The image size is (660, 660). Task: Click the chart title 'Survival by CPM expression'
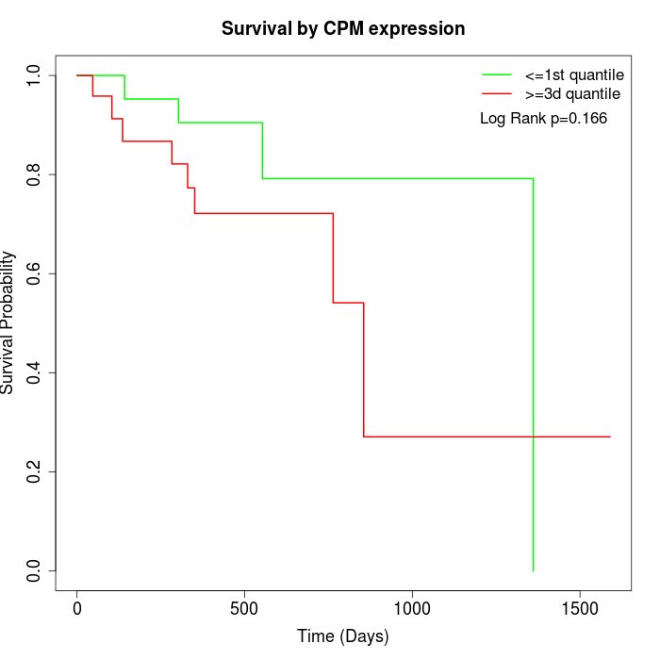pyautogui.click(x=343, y=28)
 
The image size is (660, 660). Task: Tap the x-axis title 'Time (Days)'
pyautogui.click(x=343, y=636)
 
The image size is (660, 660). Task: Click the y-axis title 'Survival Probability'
pyautogui.click(x=8, y=322)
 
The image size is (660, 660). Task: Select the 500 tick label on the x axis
pyautogui.click(x=244, y=609)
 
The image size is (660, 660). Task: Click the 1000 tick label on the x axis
pyautogui.click(x=412, y=609)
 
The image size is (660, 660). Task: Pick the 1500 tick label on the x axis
pyautogui.click(x=579, y=609)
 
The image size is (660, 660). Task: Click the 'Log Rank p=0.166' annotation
pyautogui.click(x=543, y=119)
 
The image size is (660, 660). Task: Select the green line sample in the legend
pyautogui.click(x=497, y=74)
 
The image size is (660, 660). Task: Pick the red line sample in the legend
pyautogui.click(x=497, y=93)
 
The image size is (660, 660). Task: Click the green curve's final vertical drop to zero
pyautogui.click(x=534, y=377)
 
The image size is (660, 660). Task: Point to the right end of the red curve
pyautogui.click(x=610, y=437)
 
